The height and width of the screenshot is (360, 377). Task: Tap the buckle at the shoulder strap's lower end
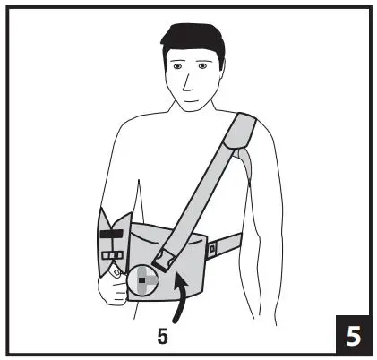click(x=164, y=261)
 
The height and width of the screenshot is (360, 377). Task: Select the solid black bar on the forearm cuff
click(x=111, y=235)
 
